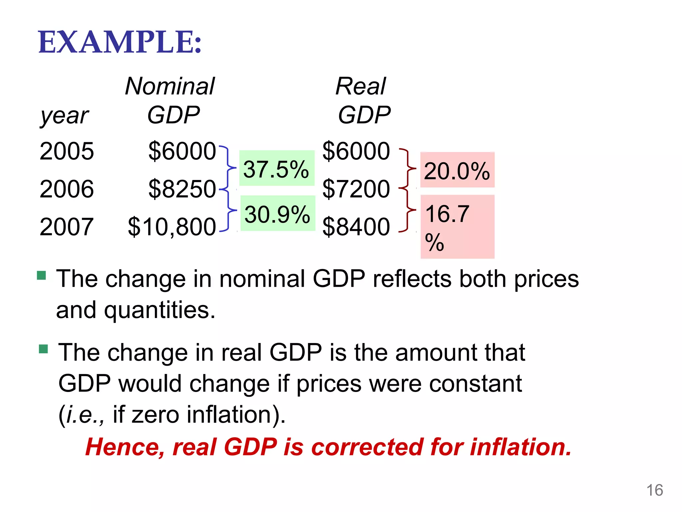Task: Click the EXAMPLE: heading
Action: click(x=120, y=42)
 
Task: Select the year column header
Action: click(x=65, y=116)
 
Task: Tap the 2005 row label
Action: click(x=67, y=151)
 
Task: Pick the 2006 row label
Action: click(x=67, y=189)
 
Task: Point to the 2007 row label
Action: click(x=67, y=227)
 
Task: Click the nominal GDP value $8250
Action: click(x=182, y=189)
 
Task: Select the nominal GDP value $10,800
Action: click(x=172, y=227)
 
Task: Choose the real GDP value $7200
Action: click(x=356, y=189)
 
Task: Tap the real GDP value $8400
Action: click(x=356, y=227)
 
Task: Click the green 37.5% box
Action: click(x=276, y=169)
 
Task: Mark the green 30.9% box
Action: click(x=277, y=214)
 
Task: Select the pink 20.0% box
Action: click(x=457, y=170)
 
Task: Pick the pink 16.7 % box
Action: click(x=457, y=227)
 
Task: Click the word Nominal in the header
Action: click(x=170, y=86)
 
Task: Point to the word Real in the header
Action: click(x=361, y=86)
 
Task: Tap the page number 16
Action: click(x=654, y=490)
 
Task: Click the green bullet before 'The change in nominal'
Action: click(x=41, y=275)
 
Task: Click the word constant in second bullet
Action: click(x=476, y=384)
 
